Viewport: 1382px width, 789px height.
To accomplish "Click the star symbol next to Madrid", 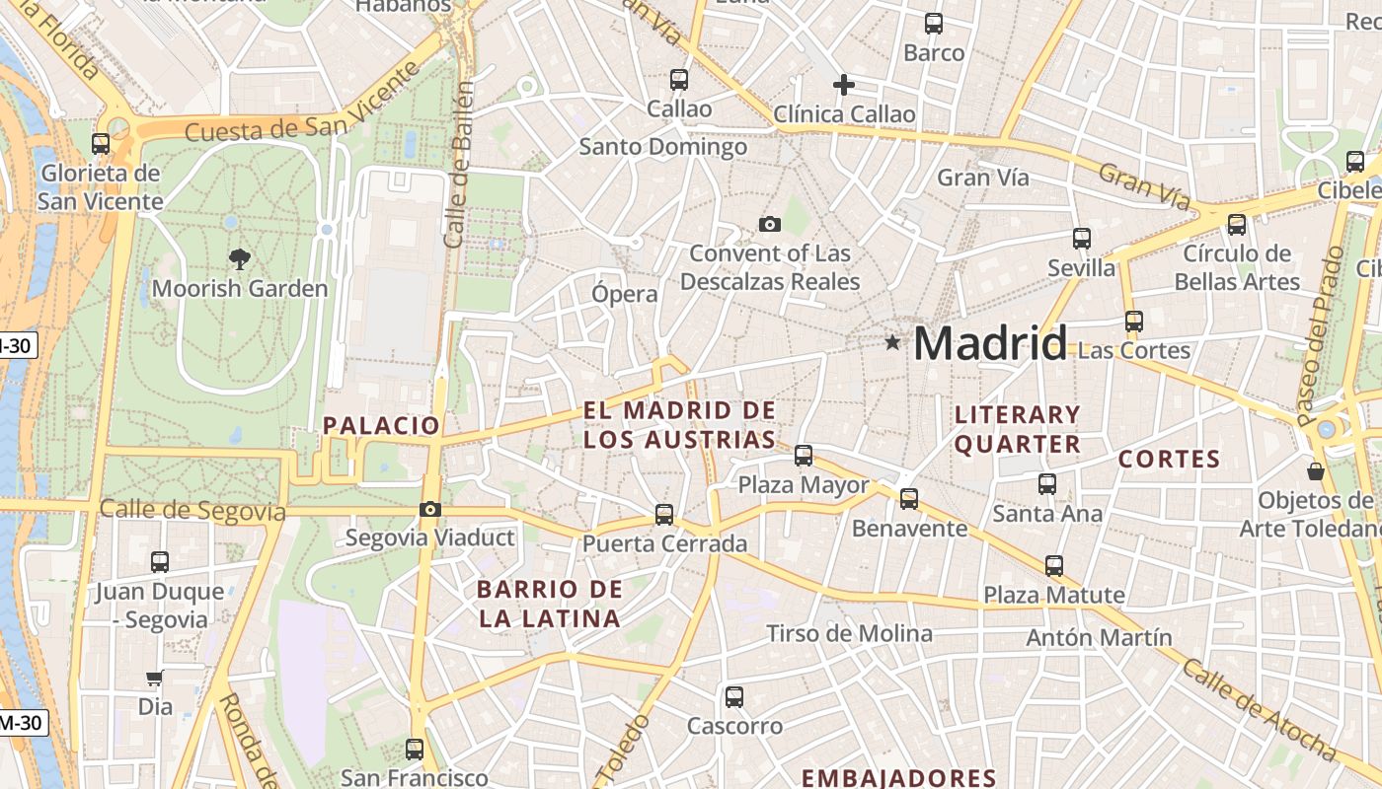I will click(892, 342).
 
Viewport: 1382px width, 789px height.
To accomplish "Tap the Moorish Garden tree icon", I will click(239, 259).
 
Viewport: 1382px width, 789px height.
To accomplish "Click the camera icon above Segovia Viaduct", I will click(429, 509).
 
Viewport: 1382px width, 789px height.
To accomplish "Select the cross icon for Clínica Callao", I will click(843, 85).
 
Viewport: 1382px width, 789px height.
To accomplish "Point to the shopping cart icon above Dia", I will click(154, 679).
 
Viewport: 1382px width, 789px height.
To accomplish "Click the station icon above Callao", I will click(679, 80).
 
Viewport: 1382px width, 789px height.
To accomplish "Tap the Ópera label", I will click(624, 294).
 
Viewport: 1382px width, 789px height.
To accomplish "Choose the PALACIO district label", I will click(381, 426).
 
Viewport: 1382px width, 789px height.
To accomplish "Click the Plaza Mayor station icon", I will click(804, 456).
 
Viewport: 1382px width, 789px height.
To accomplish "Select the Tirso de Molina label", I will click(849, 633).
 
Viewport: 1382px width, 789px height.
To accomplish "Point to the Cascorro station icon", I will click(733, 697).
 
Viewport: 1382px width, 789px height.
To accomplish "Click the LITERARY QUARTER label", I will click(1018, 429).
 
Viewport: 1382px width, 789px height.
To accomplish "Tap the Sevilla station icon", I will click(1081, 239).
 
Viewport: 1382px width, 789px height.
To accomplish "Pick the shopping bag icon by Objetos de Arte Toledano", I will click(1315, 470).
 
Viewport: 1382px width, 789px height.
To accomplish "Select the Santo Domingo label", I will click(662, 147).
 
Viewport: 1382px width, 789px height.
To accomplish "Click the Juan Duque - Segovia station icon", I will click(160, 562).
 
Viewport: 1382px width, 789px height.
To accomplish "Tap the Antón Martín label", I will click(1099, 637).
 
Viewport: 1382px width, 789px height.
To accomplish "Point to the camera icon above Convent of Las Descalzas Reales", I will click(770, 225).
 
